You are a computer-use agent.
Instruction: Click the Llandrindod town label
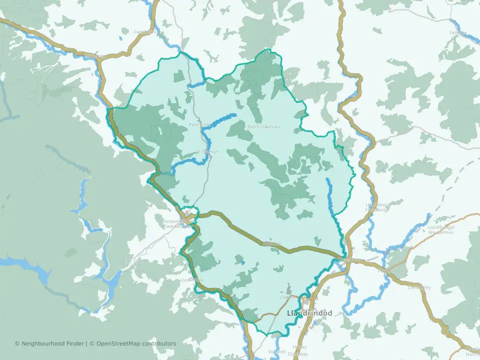(x=310, y=313)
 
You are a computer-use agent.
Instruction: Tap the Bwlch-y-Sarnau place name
(x=263, y=126)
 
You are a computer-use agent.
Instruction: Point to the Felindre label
(x=457, y=32)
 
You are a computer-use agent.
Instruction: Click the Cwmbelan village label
(x=145, y=32)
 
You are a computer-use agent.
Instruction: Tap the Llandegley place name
(x=419, y=287)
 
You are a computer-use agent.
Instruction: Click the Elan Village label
(x=135, y=261)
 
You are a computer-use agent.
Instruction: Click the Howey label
(x=299, y=347)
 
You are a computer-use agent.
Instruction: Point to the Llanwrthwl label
(x=192, y=279)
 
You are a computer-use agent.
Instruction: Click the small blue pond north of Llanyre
(x=243, y=262)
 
